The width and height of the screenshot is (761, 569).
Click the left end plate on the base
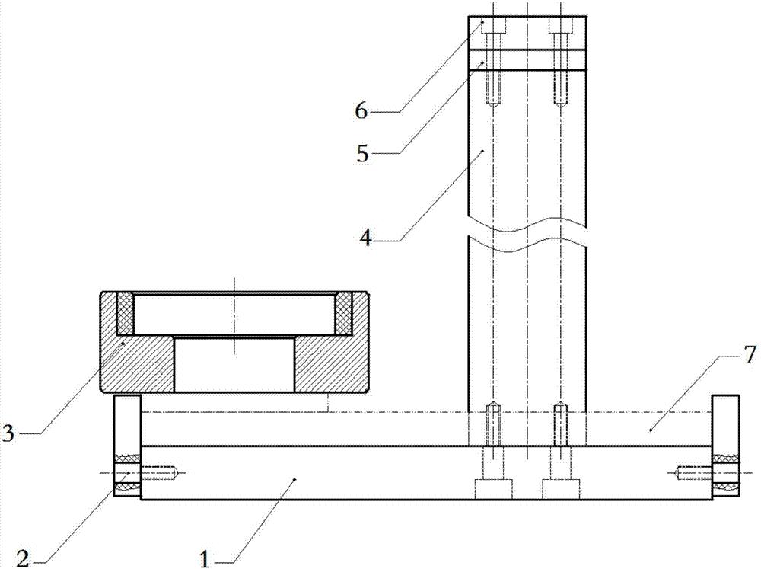point(127,446)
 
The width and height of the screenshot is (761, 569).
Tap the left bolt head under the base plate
point(493,489)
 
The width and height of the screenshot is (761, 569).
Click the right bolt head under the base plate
point(561,489)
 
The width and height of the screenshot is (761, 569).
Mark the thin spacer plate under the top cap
point(527,61)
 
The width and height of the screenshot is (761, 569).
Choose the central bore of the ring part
point(234,364)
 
